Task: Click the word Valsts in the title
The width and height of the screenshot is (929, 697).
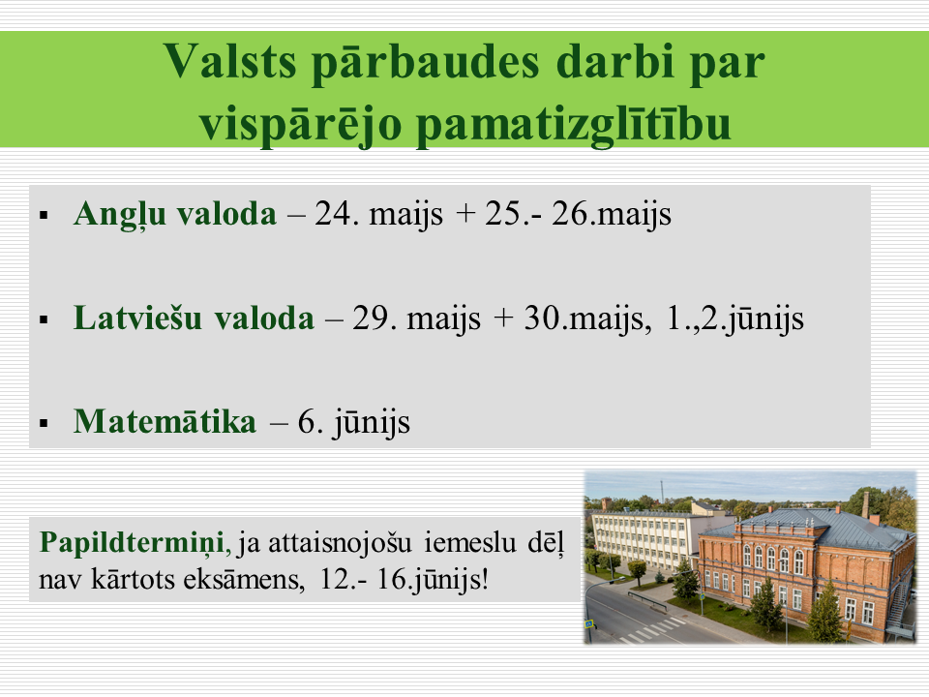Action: (x=229, y=61)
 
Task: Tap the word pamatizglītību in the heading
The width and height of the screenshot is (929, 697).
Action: (x=574, y=126)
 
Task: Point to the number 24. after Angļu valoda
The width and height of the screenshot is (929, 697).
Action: (x=337, y=214)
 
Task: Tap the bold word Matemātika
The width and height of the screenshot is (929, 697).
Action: (x=165, y=421)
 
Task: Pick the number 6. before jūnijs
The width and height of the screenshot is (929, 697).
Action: (x=310, y=422)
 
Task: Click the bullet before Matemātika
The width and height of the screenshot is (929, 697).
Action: (x=44, y=424)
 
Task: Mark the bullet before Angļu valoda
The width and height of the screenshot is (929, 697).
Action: (x=44, y=216)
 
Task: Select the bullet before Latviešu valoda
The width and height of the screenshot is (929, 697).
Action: (x=44, y=320)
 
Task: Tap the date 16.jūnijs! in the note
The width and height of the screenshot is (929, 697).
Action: (x=433, y=580)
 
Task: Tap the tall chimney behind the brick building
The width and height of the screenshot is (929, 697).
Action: (x=865, y=504)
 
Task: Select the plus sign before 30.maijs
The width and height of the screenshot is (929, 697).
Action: (x=502, y=318)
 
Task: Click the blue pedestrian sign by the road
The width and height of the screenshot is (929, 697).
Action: (x=589, y=624)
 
